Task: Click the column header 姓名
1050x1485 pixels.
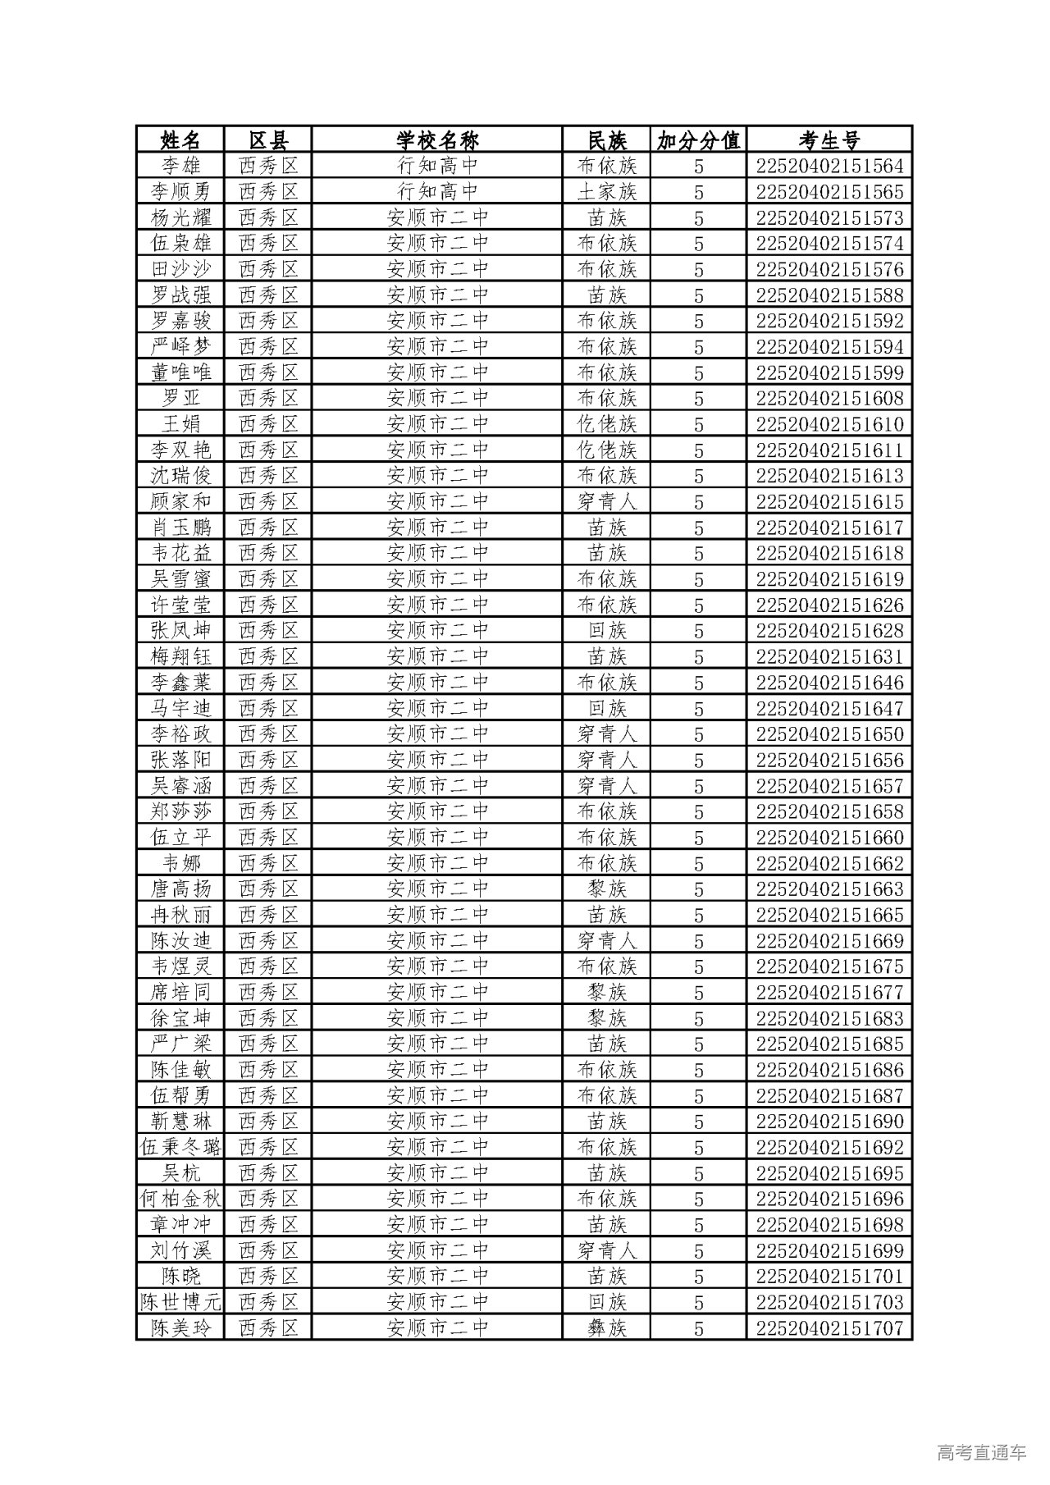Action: (180, 139)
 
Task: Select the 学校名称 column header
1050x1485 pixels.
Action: (436, 139)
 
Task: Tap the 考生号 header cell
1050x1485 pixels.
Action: (829, 139)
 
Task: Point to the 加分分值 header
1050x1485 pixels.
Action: (698, 139)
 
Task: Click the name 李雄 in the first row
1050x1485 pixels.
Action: (180, 166)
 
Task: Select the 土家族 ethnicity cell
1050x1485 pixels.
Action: (606, 192)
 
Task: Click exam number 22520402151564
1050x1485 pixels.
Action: (829, 166)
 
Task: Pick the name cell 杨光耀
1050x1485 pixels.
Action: (180, 217)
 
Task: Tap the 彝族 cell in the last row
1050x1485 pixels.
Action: (606, 1328)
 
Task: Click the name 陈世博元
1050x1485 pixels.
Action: (180, 1302)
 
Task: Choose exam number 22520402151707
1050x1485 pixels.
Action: (829, 1328)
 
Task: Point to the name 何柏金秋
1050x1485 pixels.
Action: (180, 1199)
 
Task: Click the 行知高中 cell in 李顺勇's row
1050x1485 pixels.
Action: (436, 192)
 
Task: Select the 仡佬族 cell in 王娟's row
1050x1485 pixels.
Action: (606, 424)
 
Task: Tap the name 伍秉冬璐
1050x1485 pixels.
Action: (180, 1147)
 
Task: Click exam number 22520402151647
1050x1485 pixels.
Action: (829, 708)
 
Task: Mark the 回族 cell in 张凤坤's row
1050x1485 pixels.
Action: (606, 631)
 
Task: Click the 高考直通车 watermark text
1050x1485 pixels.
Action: (980, 1452)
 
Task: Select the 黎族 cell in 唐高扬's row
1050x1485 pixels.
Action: (606, 889)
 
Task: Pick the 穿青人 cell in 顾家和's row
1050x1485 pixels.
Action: (606, 501)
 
